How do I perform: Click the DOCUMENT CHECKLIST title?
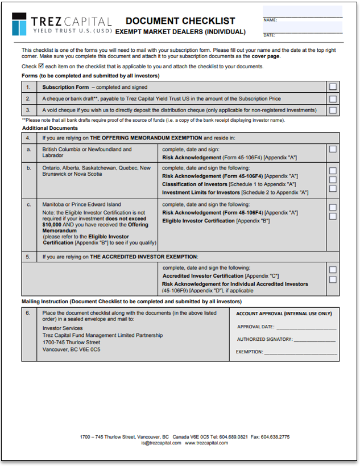pos(180,21)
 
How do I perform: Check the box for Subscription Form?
pos(333,87)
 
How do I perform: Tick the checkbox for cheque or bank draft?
pos(333,98)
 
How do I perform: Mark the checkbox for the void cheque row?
pos(333,110)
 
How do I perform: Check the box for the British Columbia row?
pos(333,149)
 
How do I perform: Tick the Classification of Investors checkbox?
pos(333,180)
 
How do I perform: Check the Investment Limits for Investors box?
pos(333,188)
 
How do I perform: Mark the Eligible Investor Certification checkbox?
pos(333,216)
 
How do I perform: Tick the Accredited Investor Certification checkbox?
pos(333,270)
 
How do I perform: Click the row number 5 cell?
pos(28,257)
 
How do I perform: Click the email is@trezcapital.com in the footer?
pos(162,443)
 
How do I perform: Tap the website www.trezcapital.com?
pos(206,443)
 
